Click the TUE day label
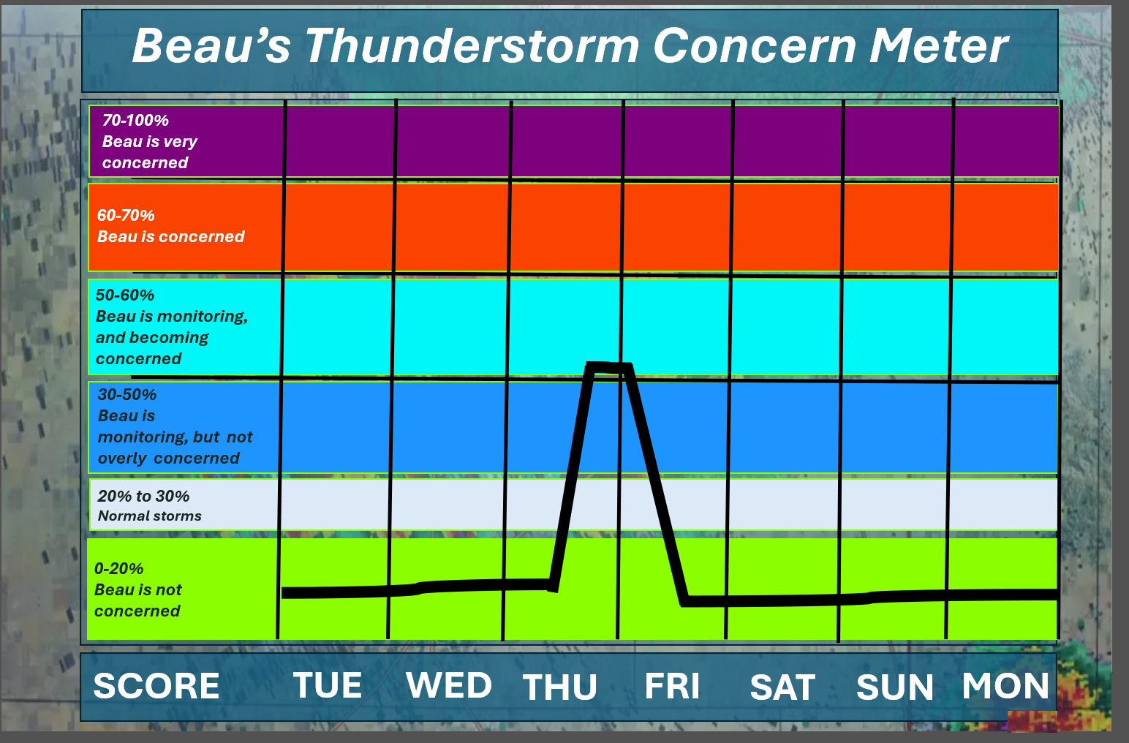328,685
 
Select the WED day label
448,685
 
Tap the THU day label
559,687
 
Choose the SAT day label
782,687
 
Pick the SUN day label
894,687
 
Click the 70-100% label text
135,120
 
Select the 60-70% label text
126,215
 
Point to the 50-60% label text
124,295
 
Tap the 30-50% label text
127,394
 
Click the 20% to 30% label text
143,496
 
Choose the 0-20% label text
118,569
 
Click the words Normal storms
149,516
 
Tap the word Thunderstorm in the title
472,46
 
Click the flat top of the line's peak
608,367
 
